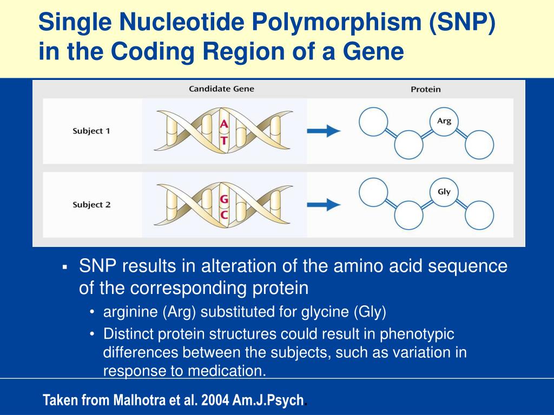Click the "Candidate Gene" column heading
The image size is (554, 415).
point(221,89)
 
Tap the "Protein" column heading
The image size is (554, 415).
point(425,89)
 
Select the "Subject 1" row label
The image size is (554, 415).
point(91,131)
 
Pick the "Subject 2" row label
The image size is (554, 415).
point(91,205)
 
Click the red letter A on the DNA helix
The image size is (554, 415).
point(223,125)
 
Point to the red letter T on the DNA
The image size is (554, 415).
point(223,139)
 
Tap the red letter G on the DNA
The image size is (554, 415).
point(223,199)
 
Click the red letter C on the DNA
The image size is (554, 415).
point(223,215)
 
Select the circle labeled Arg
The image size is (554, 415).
point(444,122)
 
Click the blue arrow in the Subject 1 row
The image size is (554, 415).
point(324,131)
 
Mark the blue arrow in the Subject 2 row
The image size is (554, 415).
point(324,204)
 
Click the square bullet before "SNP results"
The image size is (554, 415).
point(64,267)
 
